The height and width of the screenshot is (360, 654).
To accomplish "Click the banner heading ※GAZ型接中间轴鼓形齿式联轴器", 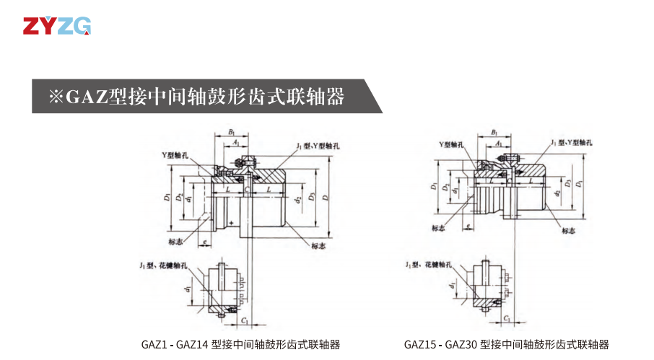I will coord(196,97).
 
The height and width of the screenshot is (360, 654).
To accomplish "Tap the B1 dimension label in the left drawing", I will coord(231,131).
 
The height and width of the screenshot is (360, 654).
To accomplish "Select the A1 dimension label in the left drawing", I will coord(237,144).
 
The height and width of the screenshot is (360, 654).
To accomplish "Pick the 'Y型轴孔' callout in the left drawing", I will coord(175,155).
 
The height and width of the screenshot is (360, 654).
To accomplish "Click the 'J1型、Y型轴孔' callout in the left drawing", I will coord(317,146).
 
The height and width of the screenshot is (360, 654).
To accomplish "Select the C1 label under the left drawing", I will coord(245,318).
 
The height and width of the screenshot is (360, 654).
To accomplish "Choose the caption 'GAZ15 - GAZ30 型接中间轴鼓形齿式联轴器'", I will coord(506,344).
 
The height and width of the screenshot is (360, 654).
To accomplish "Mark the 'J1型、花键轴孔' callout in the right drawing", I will coord(429,265).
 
